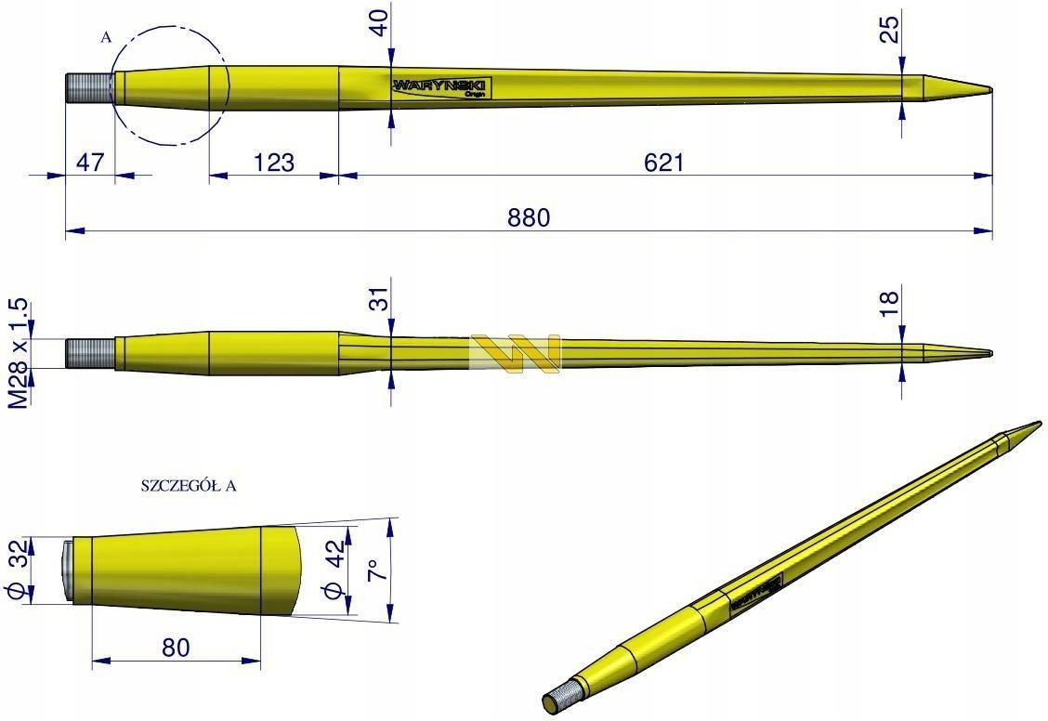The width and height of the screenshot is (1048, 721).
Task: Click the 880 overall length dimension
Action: pos(529,217)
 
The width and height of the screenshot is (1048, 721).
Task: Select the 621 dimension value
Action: pos(663,163)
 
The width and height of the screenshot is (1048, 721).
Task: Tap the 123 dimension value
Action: pos(273,163)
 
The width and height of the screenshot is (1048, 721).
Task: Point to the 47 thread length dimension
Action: pos(89,163)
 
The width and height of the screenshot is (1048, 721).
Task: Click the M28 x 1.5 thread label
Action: pos(19,354)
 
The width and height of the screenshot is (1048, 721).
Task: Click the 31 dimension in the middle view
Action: pos(378,299)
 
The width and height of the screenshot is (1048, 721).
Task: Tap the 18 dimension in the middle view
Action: pos(889,299)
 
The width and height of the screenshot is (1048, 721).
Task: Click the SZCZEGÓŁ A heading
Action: pos(188,486)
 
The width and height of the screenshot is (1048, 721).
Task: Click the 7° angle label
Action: pos(373,569)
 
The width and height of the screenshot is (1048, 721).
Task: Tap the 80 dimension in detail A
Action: pos(176,647)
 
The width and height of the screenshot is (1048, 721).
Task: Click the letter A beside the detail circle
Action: pos(105,37)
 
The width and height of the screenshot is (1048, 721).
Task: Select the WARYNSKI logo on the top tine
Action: pos(440,86)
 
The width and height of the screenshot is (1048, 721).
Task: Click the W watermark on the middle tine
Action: pos(516,354)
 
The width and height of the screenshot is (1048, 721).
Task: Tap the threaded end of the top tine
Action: pos(89,88)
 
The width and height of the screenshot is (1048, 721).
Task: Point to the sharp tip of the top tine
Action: pos(989,90)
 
